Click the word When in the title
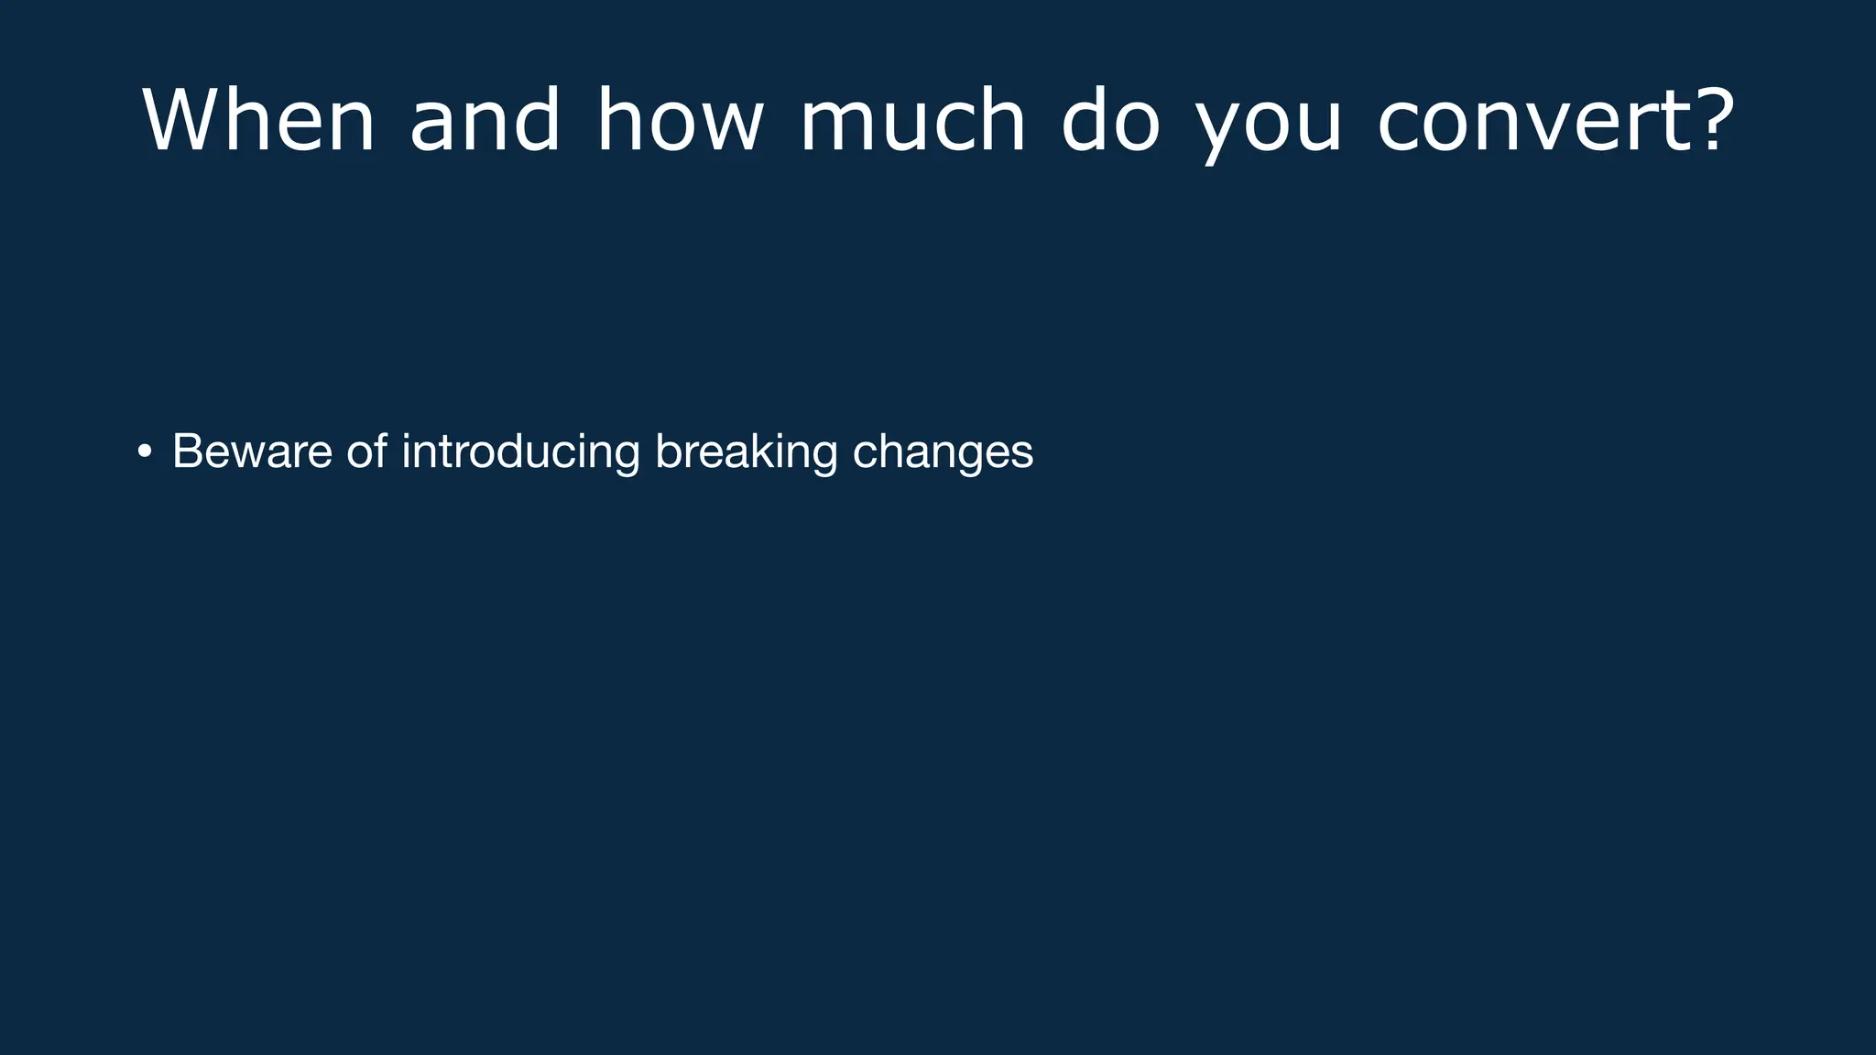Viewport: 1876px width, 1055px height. pos(258,120)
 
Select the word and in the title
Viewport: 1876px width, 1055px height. pos(485,120)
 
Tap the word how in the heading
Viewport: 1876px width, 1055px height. pos(680,120)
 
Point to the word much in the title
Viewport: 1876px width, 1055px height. pos(912,120)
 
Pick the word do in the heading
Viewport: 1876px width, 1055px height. pos(1110,120)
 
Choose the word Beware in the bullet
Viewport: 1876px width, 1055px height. pos(252,451)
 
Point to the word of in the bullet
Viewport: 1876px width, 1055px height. pos(366,451)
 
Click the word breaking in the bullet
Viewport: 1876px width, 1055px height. pos(746,451)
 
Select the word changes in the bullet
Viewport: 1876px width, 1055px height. pos(943,451)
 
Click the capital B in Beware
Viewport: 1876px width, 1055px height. pos(186,451)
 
